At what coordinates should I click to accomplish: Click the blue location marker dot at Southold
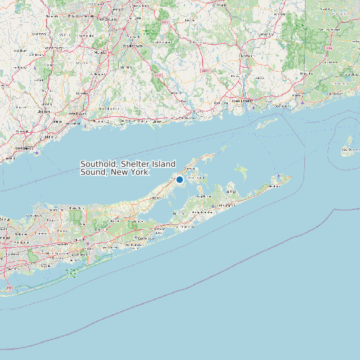click(179, 179)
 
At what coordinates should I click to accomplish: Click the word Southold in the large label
click(99, 164)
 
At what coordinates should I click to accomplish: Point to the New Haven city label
click(78, 113)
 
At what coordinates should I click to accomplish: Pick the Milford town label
click(48, 136)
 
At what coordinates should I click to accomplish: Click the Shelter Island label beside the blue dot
click(195, 179)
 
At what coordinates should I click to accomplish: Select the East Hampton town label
click(227, 207)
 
